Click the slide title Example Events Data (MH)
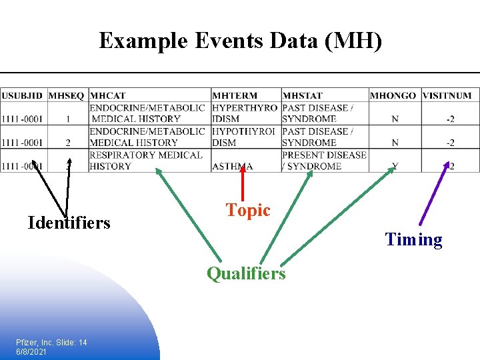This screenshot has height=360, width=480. (241, 41)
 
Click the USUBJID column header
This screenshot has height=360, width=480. (22, 96)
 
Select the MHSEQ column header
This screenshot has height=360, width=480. (67, 96)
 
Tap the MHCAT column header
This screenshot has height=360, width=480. (107, 96)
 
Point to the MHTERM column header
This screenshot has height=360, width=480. (235, 96)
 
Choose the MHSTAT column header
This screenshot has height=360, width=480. (302, 96)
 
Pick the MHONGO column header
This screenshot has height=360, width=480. (393, 96)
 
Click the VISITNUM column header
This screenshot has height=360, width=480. (447, 96)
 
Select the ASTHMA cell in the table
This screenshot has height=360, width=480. (233, 166)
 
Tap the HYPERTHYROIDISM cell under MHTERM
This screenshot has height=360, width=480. (245, 113)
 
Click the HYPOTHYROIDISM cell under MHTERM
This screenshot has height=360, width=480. (245, 137)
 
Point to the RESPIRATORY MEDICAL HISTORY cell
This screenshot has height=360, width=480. (146, 160)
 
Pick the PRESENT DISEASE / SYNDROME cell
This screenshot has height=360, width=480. (324, 160)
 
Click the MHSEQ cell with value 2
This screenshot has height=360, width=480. (67, 143)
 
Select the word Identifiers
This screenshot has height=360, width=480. (69, 222)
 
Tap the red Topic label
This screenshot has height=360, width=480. (248, 211)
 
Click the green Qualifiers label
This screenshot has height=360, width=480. (246, 273)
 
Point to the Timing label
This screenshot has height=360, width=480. (413, 240)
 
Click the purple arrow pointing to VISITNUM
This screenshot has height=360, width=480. (433, 193)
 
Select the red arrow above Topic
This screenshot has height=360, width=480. (243, 183)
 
